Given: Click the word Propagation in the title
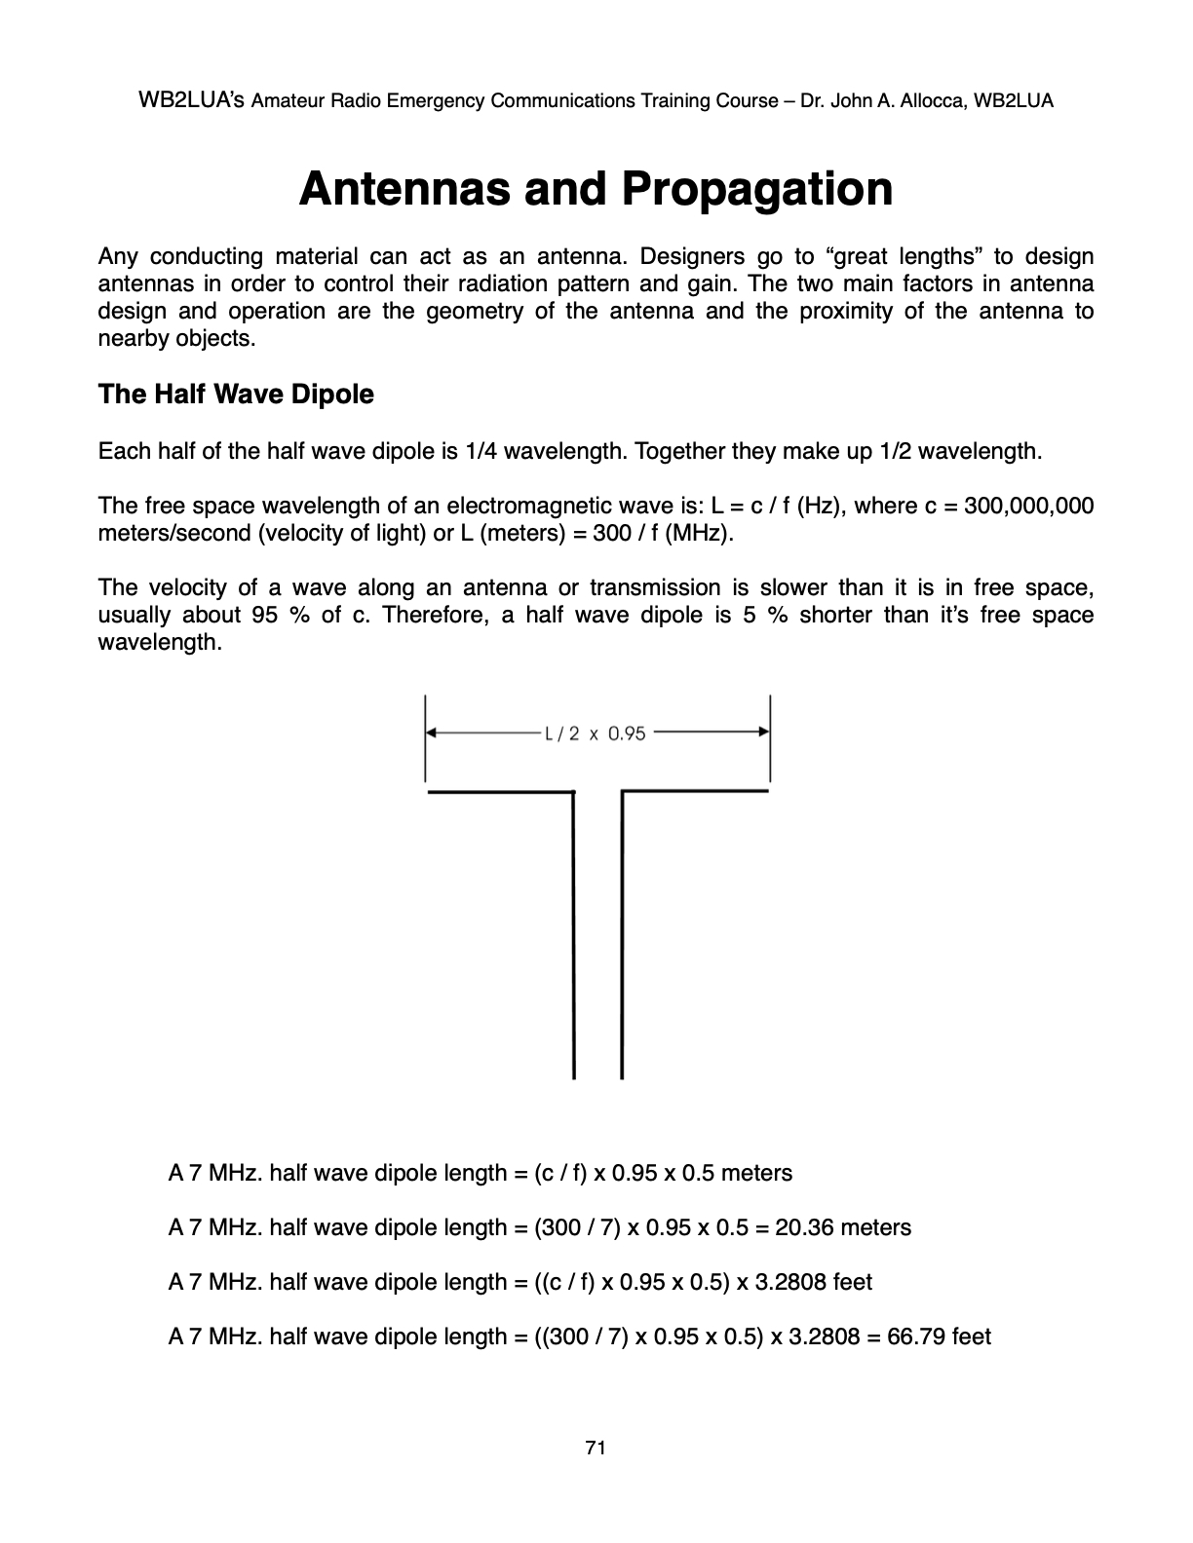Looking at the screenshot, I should click(756, 189).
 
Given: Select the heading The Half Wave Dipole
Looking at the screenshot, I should click(236, 395).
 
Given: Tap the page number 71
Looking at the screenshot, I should click(596, 1449).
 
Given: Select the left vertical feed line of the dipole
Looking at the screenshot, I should click(574, 935).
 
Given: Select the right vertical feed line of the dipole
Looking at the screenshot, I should click(622, 935).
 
